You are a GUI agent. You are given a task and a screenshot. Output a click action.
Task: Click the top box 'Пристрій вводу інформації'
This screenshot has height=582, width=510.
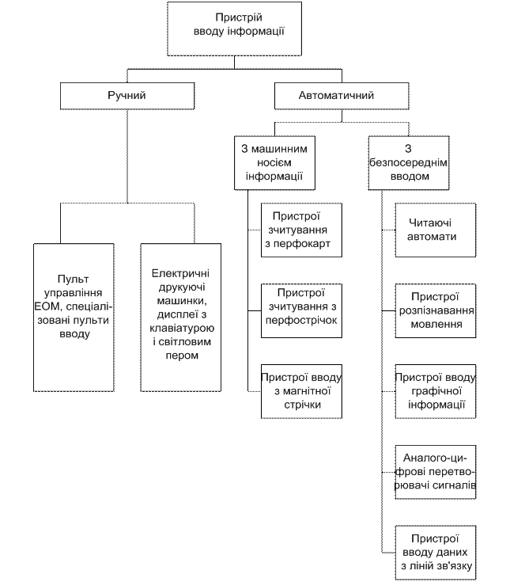[x=234, y=26]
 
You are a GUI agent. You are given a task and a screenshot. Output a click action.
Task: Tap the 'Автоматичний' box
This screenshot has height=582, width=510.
[x=341, y=96]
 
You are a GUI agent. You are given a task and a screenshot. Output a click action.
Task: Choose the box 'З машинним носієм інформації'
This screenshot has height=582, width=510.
[x=275, y=163]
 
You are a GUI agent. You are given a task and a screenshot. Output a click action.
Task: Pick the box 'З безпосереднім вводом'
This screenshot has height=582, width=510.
[x=409, y=163]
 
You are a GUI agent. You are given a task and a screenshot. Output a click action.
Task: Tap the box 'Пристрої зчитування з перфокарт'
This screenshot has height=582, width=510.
[x=301, y=230]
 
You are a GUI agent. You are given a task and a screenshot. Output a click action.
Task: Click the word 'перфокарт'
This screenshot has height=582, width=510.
[x=301, y=243]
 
